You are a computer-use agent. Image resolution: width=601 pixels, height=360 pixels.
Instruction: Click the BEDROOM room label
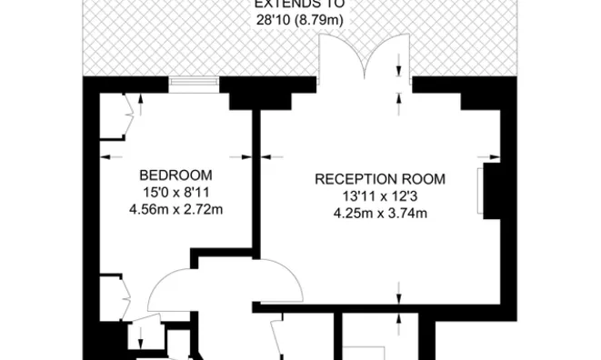pos(175,175)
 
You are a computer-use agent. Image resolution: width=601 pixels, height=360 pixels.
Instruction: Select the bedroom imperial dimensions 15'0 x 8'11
pos(175,193)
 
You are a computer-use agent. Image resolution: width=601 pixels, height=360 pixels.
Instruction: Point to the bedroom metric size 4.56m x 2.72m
pos(175,210)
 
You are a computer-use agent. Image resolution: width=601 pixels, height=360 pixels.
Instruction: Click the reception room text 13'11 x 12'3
pos(381,196)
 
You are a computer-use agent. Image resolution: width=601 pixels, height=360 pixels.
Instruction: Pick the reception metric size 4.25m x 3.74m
pos(381,214)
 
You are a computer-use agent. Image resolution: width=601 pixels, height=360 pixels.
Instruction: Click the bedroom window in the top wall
pos(195,85)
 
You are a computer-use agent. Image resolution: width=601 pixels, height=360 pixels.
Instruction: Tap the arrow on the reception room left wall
pos(269,156)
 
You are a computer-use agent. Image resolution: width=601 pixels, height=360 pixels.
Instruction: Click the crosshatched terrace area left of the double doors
pos(200,41)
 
